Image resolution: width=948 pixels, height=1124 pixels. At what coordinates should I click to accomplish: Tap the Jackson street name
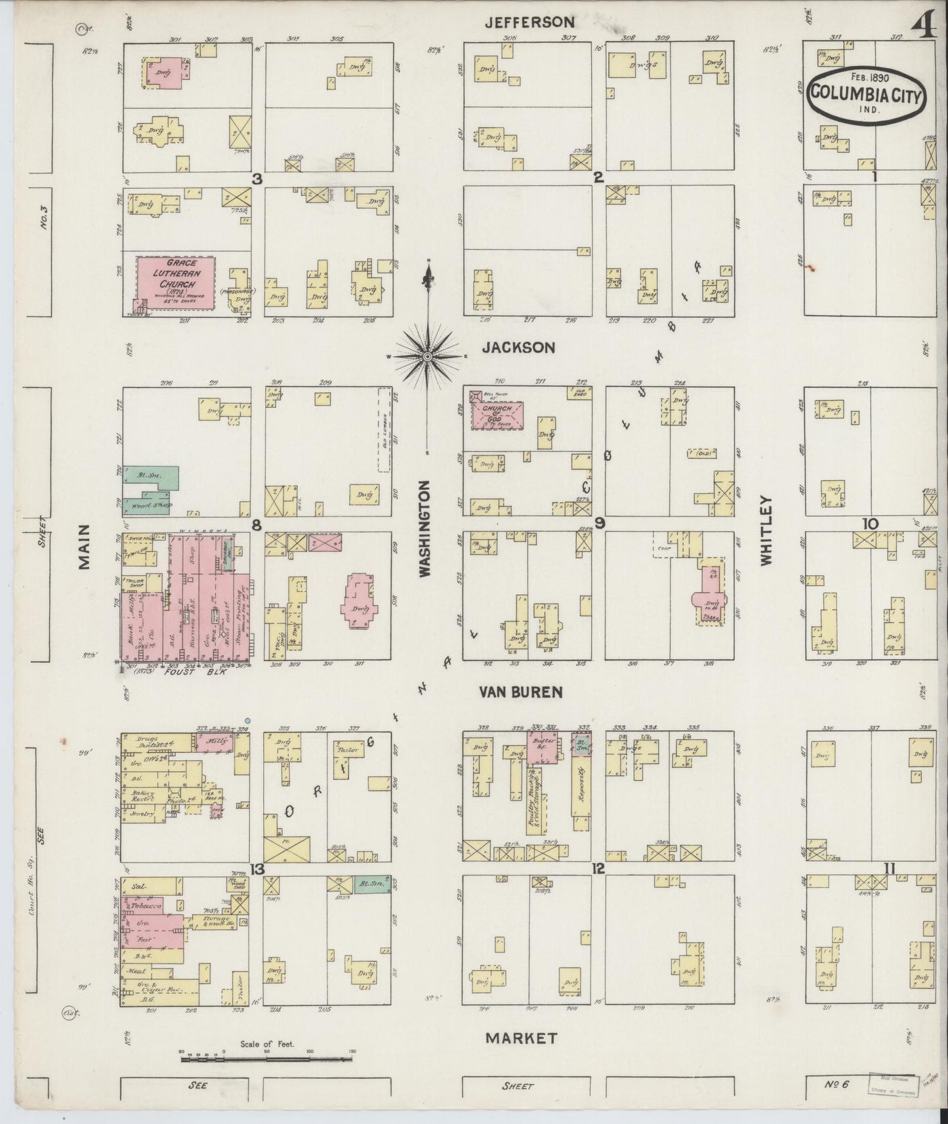(x=518, y=348)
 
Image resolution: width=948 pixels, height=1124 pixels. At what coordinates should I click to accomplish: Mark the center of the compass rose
(x=427, y=356)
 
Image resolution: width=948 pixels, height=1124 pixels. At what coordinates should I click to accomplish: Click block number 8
(x=257, y=525)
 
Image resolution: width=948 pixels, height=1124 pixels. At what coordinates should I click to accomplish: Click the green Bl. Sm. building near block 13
(x=372, y=883)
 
